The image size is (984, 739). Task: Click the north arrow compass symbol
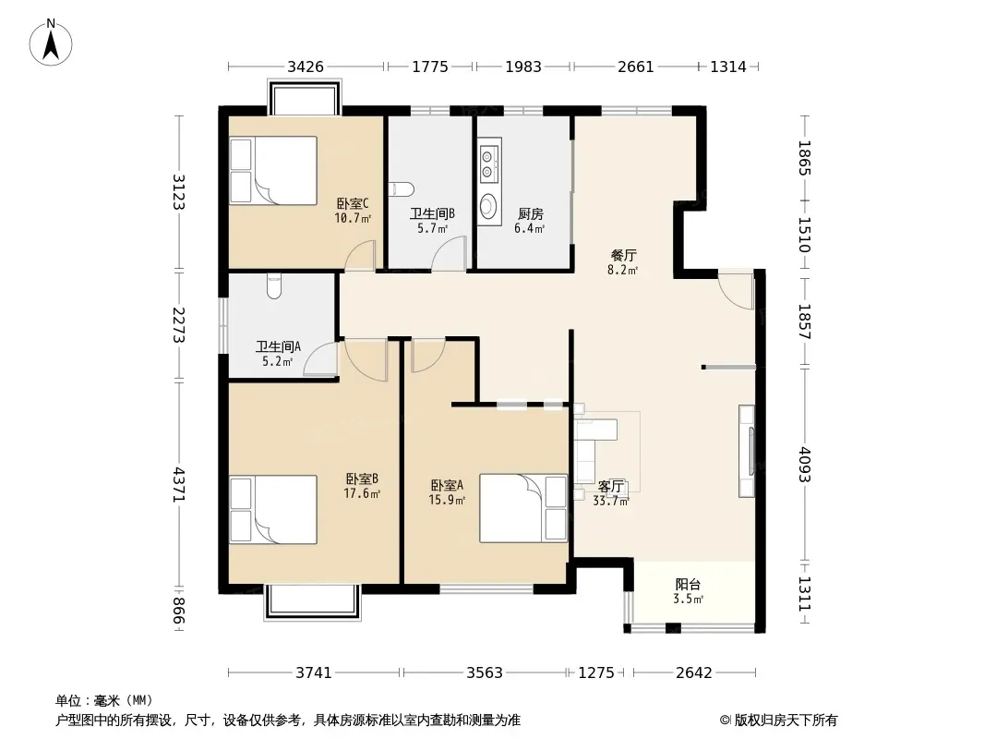[x=51, y=42]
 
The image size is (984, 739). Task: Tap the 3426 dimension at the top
[x=306, y=67]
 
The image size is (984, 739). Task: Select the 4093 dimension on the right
[x=805, y=465]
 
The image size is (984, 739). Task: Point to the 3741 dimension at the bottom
[x=314, y=673]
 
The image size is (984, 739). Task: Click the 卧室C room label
[x=353, y=203]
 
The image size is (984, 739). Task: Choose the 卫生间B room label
[x=432, y=213]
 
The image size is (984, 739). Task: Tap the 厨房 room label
[x=530, y=213]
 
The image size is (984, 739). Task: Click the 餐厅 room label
[x=624, y=256]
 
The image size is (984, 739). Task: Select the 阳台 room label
[x=688, y=585]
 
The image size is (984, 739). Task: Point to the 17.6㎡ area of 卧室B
[x=362, y=493]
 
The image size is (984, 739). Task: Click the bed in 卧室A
[x=523, y=508]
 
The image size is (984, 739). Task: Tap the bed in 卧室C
[x=273, y=171]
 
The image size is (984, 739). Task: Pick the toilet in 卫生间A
[x=273, y=286]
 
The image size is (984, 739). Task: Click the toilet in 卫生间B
[x=402, y=188]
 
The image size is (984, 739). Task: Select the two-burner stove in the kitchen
[x=488, y=164]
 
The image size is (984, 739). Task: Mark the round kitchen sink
[x=487, y=205]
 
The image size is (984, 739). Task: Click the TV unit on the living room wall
[x=747, y=452]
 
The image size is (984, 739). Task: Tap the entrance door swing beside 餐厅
[x=736, y=289]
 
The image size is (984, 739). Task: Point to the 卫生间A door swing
[x=320, y=359]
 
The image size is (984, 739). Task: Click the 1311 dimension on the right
[x=805, y=594]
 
